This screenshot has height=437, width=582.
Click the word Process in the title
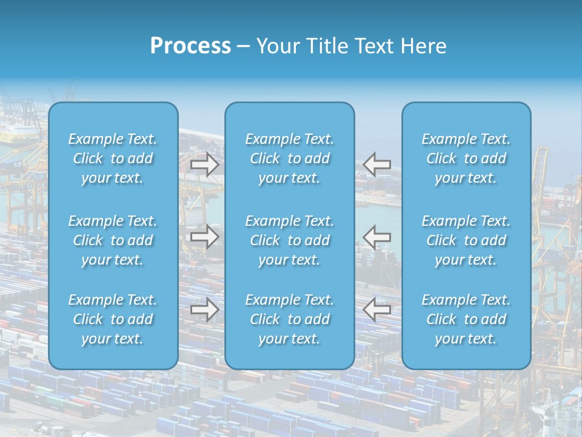[190, 46]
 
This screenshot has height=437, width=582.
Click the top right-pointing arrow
[205, 164]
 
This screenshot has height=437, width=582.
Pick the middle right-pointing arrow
[205, 237]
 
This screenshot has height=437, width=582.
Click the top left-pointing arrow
[377, 164]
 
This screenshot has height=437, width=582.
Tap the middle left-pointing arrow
[377, 237]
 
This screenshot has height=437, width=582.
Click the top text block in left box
[113, 158]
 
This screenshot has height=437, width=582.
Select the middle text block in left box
[113, 240]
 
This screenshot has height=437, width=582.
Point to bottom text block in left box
[113, 319]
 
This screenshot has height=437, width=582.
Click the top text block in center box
[290, 158]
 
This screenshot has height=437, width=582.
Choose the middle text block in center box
[290, 240]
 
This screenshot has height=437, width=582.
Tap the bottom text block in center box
[290, 319]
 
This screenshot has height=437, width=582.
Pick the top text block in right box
[466, 158]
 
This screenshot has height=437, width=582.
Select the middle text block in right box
[466, 240]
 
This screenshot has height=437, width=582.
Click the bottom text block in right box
[466, 319]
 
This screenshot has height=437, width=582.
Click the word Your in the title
[278, 46]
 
